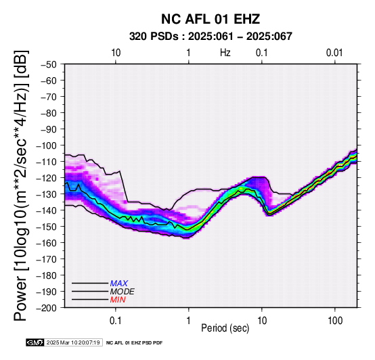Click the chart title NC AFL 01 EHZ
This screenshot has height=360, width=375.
point(211,19)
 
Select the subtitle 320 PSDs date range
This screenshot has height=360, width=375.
point(211,37)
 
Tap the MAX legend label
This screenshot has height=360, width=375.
point(119,284)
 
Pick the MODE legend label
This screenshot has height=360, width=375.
point(123,292)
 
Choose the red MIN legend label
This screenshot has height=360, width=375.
point(118,300)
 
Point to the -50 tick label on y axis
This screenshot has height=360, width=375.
point(49,64)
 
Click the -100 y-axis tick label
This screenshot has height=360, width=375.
point(47,145)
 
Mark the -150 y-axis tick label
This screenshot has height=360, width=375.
point(47,227)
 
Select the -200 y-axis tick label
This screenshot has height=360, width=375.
point(47,308)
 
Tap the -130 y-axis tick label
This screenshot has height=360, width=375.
point(47,194)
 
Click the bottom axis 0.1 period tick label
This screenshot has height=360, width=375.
point(116,321)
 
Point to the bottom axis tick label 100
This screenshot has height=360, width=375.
point(335,321)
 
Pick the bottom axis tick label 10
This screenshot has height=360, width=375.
point(262,321)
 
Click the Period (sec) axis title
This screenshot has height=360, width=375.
point(225,328)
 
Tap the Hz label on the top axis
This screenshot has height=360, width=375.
point(225,53)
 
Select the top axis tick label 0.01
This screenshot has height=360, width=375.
point(334,53)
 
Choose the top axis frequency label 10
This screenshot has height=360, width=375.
point(116,53)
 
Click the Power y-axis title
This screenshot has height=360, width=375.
point(20,185)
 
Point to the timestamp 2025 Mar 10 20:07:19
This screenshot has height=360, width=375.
point(73,342)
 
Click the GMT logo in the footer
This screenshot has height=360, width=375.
point(35,342)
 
